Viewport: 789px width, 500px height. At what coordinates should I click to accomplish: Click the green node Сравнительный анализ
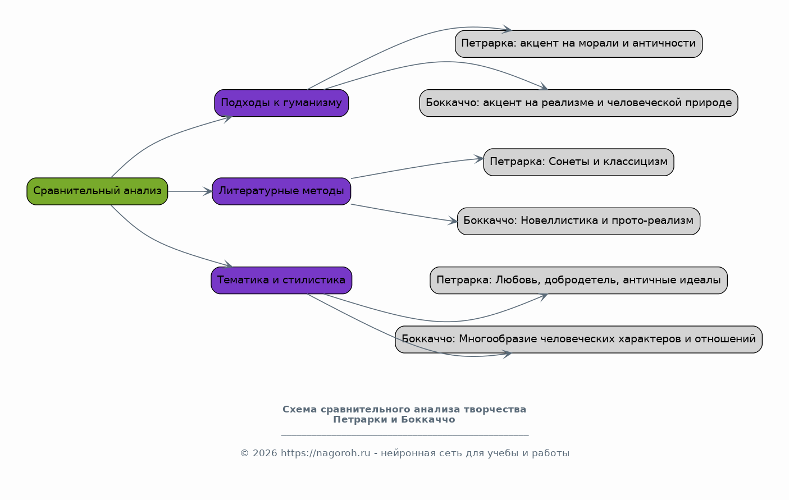(97, 191)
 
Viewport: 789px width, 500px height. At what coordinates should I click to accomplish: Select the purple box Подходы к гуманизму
(281, 103)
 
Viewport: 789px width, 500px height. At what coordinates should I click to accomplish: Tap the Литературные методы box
(281, 191)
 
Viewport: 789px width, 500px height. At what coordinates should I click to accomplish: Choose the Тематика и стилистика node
(281, 280)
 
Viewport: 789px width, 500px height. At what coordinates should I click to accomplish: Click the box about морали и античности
(579, 44)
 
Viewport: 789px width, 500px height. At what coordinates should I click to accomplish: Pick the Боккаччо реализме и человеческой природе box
(579, 103)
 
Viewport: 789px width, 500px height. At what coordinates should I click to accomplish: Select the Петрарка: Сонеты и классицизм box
(579, 162)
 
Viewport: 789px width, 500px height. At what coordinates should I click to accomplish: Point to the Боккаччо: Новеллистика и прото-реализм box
(579, 221)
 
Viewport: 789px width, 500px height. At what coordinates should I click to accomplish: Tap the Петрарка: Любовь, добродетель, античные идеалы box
(579, 280)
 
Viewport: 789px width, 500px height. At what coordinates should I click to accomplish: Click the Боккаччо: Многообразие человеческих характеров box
(579, 339)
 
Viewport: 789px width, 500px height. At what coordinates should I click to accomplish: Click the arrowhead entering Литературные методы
(207, 191)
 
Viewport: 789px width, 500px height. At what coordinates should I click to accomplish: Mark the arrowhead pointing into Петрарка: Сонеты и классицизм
(478, 159)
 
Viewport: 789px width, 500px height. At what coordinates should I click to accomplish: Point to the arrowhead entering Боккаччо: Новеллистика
(453, 221)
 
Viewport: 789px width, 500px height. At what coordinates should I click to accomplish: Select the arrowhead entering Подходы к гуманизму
(228, 118)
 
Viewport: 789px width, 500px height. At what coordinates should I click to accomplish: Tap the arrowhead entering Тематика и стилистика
(228, 264)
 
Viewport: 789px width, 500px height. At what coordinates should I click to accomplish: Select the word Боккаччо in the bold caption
(428, 419)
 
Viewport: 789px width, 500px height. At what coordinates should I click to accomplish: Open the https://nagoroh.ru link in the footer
(326, 453)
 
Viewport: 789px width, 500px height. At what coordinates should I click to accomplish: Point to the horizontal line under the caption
(405, 435)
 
